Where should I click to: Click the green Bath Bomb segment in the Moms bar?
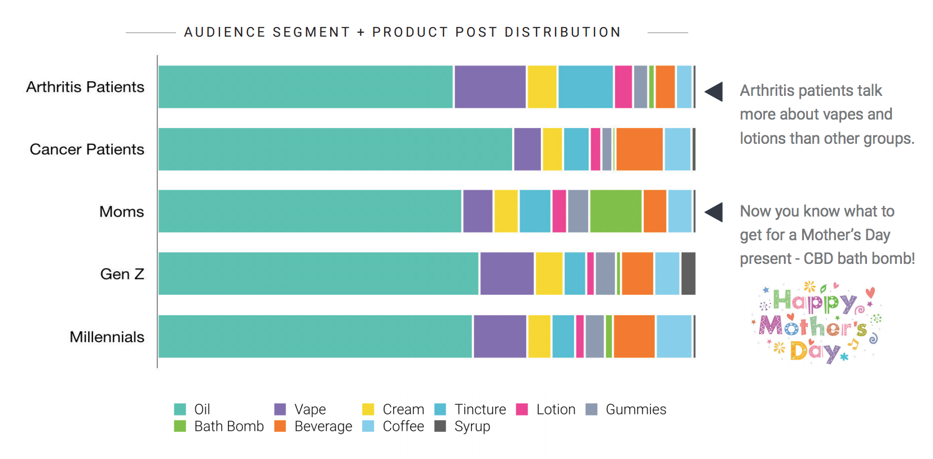tap(615, 211)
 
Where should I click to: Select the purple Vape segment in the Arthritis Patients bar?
tap(490, 87)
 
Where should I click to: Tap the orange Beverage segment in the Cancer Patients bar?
tap(639, 149)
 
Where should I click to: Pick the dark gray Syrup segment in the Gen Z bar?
tap(688, 274)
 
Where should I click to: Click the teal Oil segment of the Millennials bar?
tap(315, 337)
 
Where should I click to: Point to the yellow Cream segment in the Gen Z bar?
tap(549, 274)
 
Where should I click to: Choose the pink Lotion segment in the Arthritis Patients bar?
tap(623, 87)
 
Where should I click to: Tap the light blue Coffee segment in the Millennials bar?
tap(674, 337)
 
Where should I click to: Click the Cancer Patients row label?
tap(87, 149)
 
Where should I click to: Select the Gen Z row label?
tap(122, 274)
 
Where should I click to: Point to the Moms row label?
tap(121, 212)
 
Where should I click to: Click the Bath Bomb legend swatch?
tap(180, 426)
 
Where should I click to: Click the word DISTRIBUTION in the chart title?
tap(562, 32)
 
